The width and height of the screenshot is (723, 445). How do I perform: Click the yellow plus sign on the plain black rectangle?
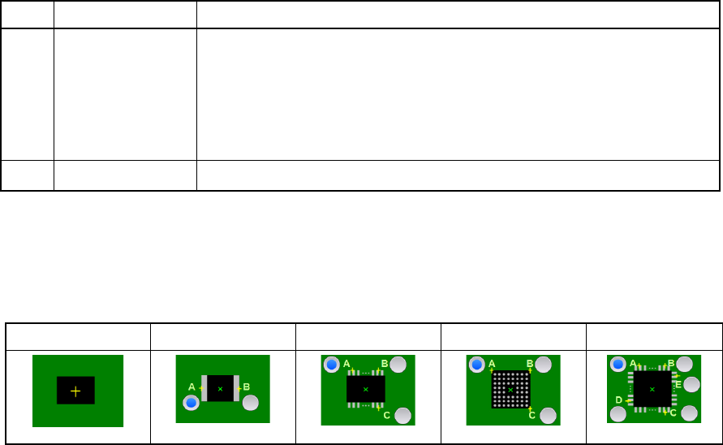[x=75, y=391]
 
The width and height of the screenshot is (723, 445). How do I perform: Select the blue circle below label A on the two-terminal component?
[x=191, y=402]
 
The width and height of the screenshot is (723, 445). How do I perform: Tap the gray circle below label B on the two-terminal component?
[x=251, y=402]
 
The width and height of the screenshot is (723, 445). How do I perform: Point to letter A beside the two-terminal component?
[x=192, y=387]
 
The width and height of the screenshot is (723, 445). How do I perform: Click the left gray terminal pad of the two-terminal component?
[x=205, y=388]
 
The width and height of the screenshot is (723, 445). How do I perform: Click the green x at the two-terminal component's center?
[x=220, y=388]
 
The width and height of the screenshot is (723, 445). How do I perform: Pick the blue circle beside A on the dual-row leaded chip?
[x=331, y=365]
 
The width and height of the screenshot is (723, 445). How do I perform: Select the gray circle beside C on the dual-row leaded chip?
[x=402, y=416]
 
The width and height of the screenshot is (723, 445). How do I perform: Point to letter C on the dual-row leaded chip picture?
[x=387, y=415]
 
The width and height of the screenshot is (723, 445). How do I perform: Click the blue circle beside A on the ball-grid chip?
[x=476, y=365]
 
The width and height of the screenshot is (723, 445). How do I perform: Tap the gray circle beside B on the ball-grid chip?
[x=544, y=365]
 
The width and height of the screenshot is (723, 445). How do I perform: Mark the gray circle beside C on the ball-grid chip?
[x=548, y=416]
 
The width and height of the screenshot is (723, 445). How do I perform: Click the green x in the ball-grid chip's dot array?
[x=510, y=390]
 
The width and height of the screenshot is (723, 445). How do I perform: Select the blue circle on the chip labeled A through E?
[x=618, y=365]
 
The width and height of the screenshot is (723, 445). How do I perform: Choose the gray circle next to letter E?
[x=692, y=384]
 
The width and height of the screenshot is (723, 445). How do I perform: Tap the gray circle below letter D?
[x=618, y=414]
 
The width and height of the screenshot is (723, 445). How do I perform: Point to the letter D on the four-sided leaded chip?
[x=618, y=400]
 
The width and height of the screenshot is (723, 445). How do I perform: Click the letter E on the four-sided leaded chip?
[x=678, y=384]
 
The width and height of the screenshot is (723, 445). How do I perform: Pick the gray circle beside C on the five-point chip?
[x=690, y=413]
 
